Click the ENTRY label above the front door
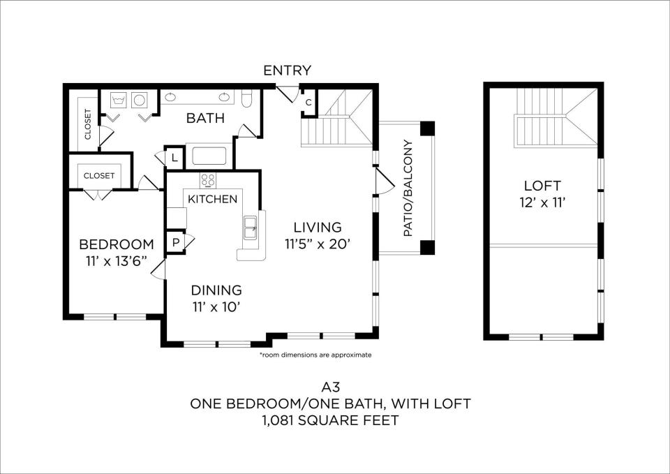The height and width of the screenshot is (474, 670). (287, 71)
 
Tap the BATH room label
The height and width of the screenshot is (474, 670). (205, 118)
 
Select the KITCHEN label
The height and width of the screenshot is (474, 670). (213, 199)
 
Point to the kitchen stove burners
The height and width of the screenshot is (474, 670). (208, 180)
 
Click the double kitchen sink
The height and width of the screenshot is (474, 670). (251, 228)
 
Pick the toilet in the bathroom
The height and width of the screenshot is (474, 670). (247, 98)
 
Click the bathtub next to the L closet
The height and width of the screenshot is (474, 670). (209, 156)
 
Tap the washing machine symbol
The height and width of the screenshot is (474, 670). (119, 101)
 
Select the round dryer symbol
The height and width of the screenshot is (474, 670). (140, 101)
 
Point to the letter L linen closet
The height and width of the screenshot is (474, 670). (174, 158)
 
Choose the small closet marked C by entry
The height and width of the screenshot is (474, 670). (308, 103)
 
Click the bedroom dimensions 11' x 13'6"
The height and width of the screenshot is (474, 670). (117, 261)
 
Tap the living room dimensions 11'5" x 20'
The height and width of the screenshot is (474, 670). (318, 244)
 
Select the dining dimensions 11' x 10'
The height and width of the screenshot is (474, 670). (216, 307)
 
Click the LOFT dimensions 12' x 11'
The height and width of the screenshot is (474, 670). (543, 202)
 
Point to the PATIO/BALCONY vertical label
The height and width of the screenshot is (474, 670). (408, 188)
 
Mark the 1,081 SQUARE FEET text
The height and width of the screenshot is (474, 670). (330, 420)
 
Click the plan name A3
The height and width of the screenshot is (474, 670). (330, 387)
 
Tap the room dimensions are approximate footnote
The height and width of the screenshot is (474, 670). (315, 355)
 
